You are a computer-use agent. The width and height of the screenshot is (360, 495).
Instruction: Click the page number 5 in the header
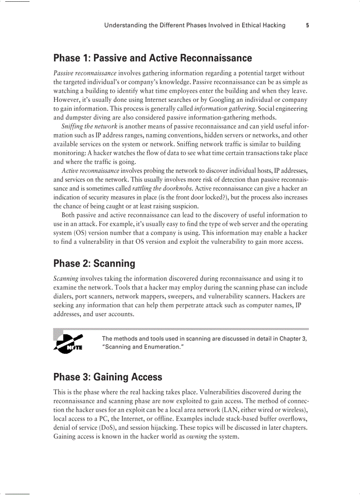click(307, 25)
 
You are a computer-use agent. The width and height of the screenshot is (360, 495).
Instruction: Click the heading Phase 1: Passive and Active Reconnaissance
click(153, 58)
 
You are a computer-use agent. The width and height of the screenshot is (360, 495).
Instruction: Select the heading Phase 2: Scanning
click(94, 264)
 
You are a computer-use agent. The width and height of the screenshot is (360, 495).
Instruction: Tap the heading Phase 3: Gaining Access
click(108, 377)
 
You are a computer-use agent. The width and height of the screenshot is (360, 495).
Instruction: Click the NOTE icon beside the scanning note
click(68, 343)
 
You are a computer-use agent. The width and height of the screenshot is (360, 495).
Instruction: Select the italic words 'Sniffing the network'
click(89, 127)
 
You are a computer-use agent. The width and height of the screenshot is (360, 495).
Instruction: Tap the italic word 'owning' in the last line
click(196, 436)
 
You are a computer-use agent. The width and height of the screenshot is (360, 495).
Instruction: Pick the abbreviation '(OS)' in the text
click(82, 233)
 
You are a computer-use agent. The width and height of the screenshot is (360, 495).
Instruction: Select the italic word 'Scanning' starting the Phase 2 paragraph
click(66, 279)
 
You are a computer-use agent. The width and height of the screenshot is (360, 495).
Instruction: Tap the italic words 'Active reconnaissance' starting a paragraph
click(90, 171)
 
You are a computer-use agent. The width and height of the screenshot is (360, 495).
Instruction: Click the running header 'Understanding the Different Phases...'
click(195, 25)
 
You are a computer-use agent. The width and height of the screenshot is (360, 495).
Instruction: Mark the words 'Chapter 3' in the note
click(293, 339)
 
